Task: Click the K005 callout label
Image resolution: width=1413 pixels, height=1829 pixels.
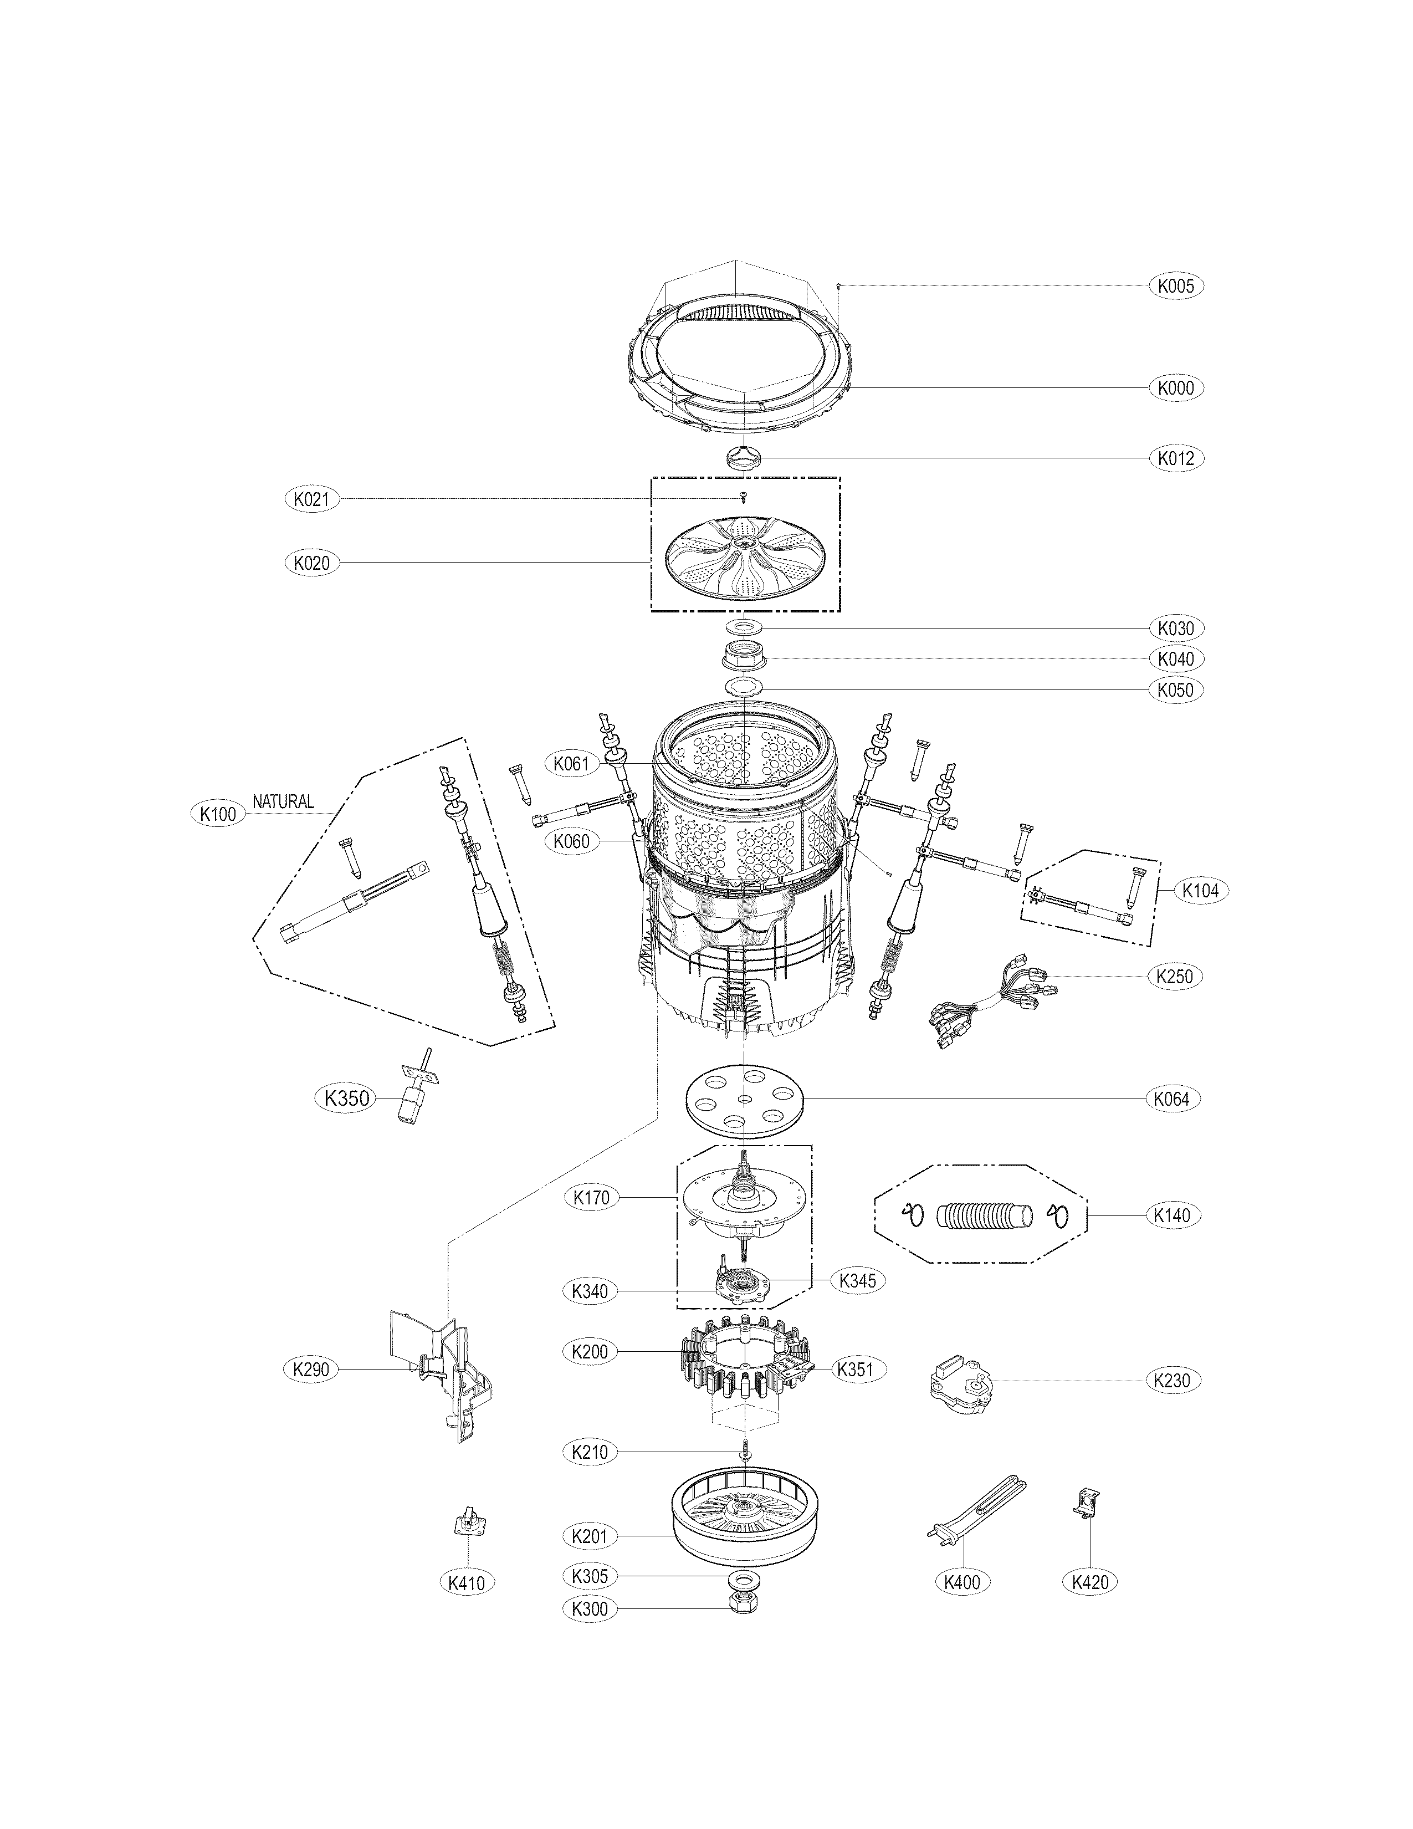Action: tap(1175, 285)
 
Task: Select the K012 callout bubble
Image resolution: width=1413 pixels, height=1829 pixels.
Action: tap(1175, 458)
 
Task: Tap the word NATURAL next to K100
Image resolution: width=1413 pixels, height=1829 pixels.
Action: tap(283, 801)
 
